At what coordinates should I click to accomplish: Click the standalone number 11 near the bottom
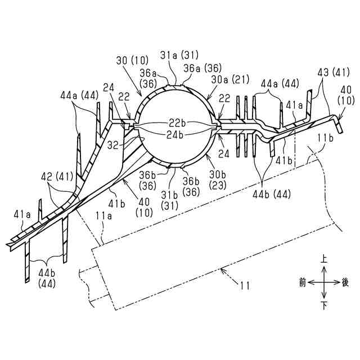click(x=245, y=285)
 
